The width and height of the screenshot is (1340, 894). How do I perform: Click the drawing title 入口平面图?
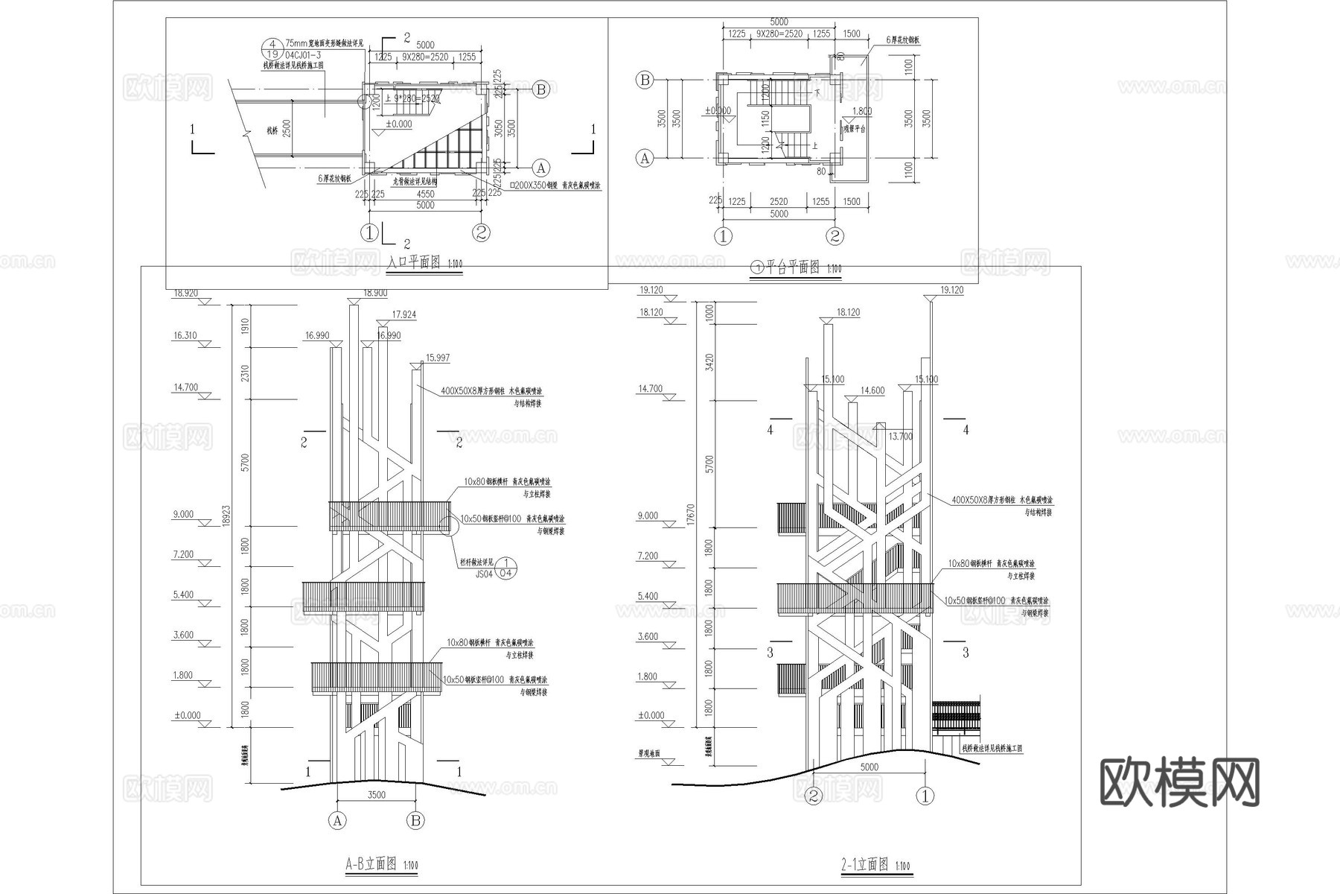(x=415, y=263)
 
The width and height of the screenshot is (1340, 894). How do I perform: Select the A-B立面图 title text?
(x=371, y=863)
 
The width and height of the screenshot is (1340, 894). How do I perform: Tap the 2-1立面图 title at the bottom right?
(x=865, y=864)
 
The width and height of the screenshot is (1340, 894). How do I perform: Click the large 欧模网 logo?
(x=1179, y=783)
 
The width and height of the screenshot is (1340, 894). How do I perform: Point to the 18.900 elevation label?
(x=374, y=293)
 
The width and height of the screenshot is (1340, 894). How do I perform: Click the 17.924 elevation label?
(x=403, y=314)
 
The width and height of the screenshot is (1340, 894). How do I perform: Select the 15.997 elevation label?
(x=437, y=358)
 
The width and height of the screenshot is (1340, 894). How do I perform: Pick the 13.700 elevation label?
(x=900, y=436)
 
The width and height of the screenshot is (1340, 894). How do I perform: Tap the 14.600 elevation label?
(x=872, y=390)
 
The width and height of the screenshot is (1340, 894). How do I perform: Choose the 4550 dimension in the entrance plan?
(x=425, y=194)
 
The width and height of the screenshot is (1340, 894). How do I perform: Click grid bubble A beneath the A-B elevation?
(x=337, y=821)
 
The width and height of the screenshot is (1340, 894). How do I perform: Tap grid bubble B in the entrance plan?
(x=541, y=90)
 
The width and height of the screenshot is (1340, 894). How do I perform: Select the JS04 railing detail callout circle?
(x=506, y=568)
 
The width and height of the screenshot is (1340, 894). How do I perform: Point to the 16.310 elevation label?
(x=185, y=336)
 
